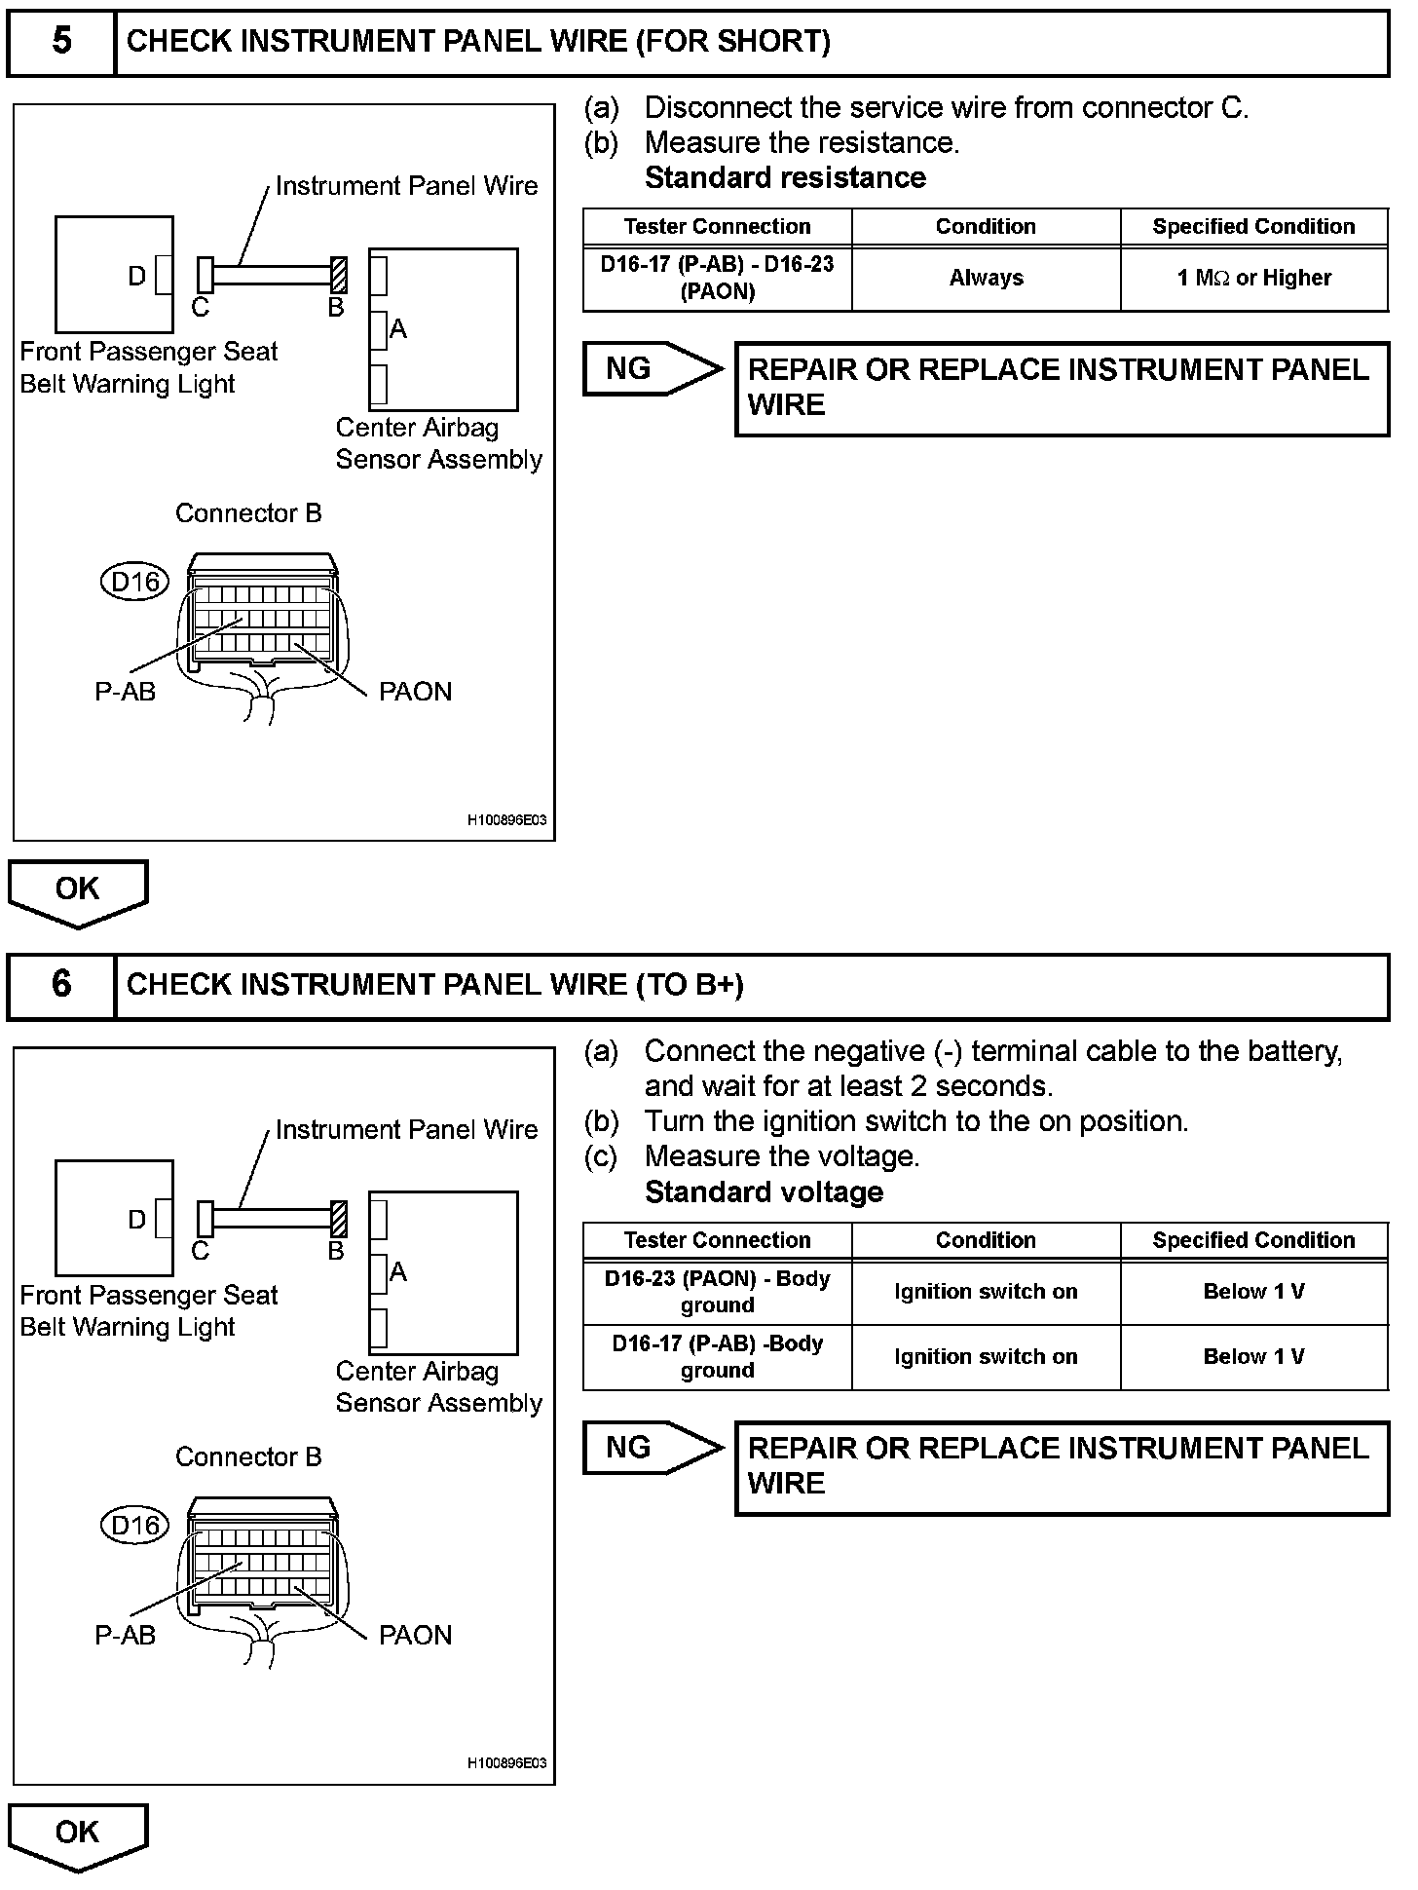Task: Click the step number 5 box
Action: click(x=61, y=42)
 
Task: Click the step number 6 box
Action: click(x=61, y=985)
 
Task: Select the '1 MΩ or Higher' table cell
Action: click(x=1253, y=279)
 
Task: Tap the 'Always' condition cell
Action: click(x=986, y=279)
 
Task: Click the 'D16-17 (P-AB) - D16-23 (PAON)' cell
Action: click(x=717, y=279)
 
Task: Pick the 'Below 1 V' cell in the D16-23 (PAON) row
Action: click(x=1253, y=1292)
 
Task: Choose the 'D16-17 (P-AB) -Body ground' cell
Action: click(x=717, y=1357)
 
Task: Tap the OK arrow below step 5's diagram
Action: click(x=78, y=890)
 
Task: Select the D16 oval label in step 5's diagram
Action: click(x=135, y=583)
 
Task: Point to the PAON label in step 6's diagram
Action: click(x=415, y=1636)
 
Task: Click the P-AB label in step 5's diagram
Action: click(x=125, y=692)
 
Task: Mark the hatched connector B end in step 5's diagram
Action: click(x=339, y=274)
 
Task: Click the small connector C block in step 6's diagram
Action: click(x=205, y=1218)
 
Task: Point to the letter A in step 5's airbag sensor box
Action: click(x=397, y=329)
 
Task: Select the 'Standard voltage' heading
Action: click(x=764, y=1192)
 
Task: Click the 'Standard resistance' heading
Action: click(x=785, y=178)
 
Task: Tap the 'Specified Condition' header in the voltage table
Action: click(x=1253, y=1240)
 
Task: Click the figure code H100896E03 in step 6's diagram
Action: click(x=506, y=1763)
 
